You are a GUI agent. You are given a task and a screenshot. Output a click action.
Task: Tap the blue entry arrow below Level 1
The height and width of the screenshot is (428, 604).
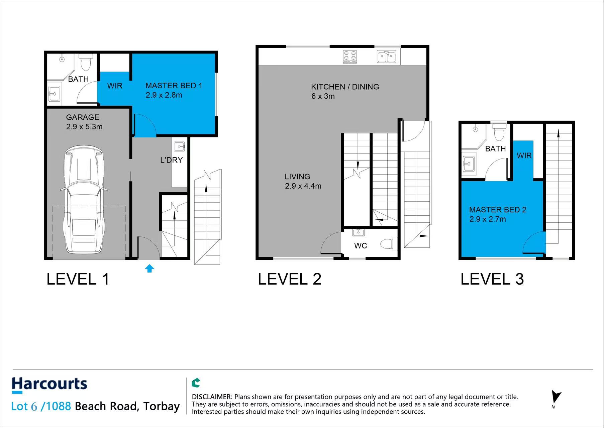(x=149, y=268)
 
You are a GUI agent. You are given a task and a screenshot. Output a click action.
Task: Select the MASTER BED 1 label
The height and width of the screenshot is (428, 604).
(x=174, y=86)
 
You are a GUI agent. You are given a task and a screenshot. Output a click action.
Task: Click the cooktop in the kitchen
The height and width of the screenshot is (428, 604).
(x=350, y=57)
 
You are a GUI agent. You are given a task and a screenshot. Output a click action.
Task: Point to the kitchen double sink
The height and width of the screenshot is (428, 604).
(x=386, y=57)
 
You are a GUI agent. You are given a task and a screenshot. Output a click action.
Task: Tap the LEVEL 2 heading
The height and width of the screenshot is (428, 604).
(x=289, y=279)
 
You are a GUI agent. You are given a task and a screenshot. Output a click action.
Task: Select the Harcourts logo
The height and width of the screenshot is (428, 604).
(x=49, y=385)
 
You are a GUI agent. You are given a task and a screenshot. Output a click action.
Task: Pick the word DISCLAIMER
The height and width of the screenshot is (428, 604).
(x=212, y=397)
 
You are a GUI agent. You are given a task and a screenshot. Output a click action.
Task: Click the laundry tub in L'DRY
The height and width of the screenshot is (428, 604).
(x=179, y=146)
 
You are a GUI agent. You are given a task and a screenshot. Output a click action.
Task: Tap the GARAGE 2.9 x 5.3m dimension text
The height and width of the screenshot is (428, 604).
(x=84, y=127)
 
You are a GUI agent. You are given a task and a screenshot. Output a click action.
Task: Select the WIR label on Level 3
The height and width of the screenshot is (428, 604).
(x=524, y=155)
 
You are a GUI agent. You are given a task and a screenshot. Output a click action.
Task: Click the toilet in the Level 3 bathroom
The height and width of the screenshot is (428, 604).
(x=499, y=133)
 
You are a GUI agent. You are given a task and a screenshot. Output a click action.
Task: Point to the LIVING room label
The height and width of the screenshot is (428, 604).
(x=297, y=177)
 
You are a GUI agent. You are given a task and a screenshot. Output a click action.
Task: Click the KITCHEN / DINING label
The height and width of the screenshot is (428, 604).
(x=345, y=87)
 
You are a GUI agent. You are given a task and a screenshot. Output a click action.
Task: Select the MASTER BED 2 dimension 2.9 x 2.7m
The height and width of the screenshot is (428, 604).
(x=487, y=219)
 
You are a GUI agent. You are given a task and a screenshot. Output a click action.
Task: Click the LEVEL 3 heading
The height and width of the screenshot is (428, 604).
(x=492, y=279)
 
